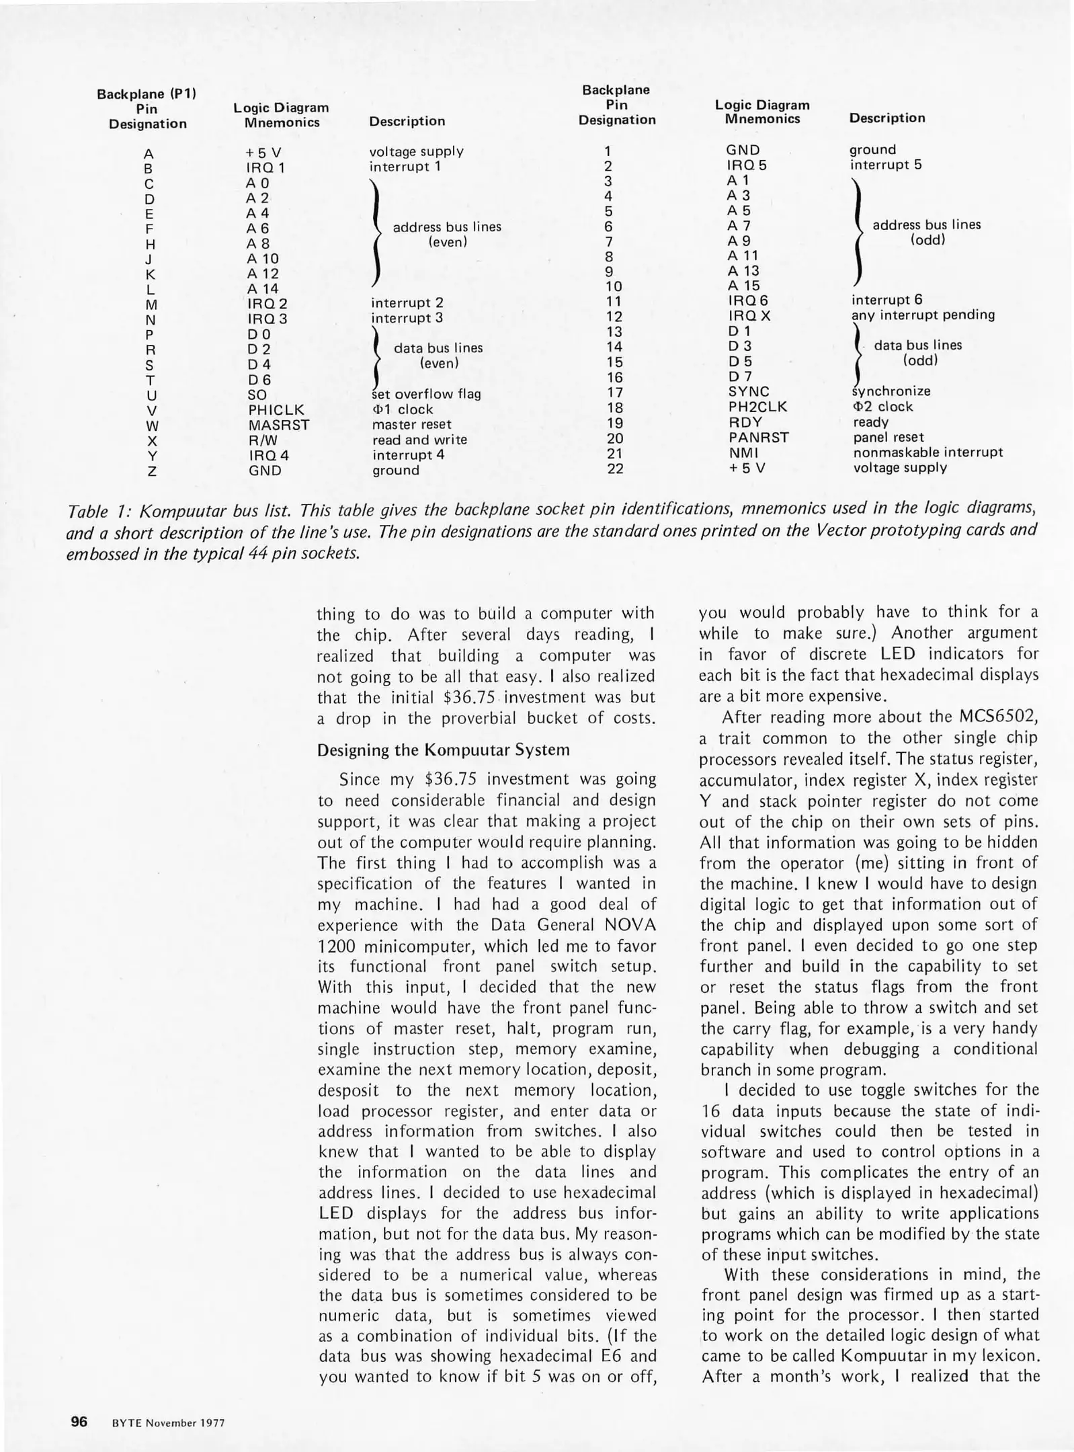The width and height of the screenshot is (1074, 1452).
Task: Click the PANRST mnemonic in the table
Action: [758, 438]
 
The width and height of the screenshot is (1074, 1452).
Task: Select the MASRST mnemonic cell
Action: [279, 426]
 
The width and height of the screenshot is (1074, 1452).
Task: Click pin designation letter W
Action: [152, 426]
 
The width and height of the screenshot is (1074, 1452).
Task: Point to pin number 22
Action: [615, 469]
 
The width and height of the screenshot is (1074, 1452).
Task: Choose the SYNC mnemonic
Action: [749, 392]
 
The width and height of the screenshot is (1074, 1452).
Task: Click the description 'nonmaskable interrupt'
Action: [927, 452]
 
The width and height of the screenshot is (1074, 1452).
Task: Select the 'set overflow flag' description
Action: [427, 394]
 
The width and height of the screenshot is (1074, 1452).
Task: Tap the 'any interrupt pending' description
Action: [923, 315]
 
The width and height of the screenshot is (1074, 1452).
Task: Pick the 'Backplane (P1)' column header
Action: [147, 94]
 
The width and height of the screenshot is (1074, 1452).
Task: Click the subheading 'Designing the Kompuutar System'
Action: [443, 750]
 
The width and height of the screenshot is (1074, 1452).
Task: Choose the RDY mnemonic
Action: [745, 422]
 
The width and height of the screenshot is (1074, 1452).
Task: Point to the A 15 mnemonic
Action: [743, 286]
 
